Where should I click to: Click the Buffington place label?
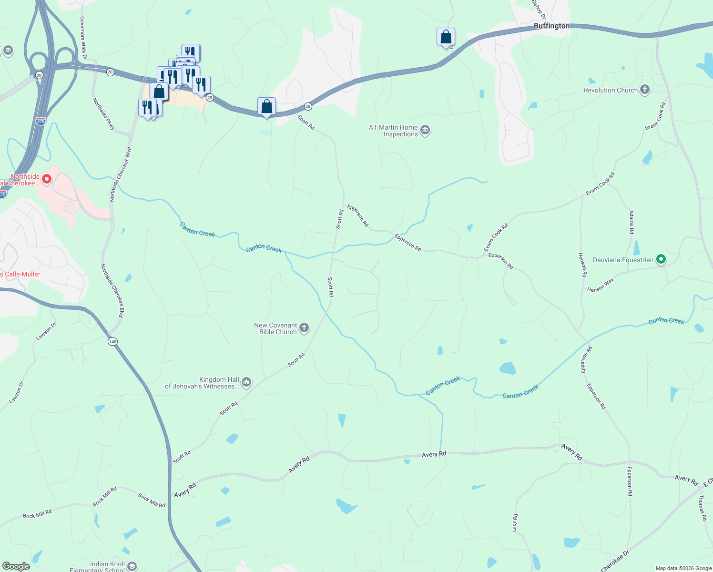pos(551,26)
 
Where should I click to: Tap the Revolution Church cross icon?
pos(645,90)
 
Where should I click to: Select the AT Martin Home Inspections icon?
pos(425,130)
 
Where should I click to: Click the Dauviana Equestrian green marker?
pos(661,259)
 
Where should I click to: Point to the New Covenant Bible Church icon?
pos(304,328)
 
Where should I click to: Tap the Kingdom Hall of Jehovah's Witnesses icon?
pos(246,382)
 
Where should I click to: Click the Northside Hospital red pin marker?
pos(47,179)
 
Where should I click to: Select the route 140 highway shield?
pos(112,342)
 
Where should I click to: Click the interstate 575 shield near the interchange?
pos(41,122)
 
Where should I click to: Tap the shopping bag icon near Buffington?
pos(446,37)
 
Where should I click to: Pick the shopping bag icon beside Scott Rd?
pos(266,106)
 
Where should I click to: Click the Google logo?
pos(16,566)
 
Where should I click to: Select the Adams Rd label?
pos(632,222)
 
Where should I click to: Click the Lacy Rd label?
pos(515,523)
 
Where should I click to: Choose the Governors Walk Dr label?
pos(83,38)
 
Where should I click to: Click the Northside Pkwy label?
pos(104,114)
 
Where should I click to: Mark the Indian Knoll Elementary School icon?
pos(132,566)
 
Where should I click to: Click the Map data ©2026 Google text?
pos(683,568)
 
